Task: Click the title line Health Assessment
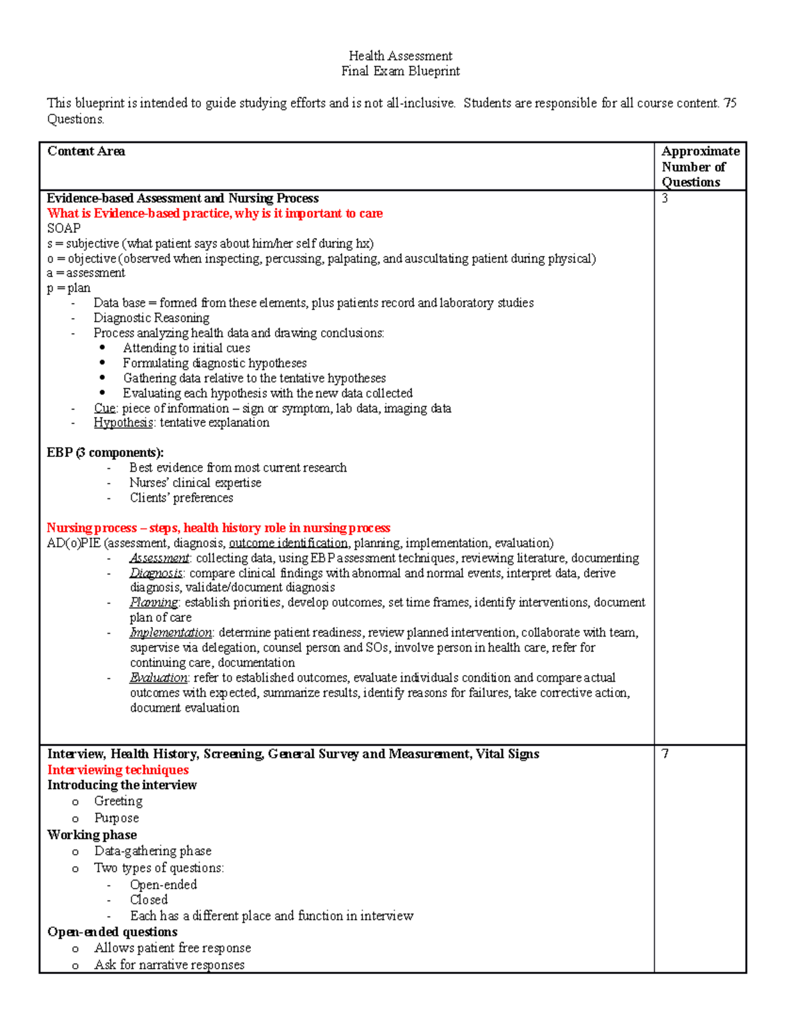click(x=400, y=56)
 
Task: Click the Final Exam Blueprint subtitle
click(x=400, y=71)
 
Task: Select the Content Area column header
click(x=86, y=151)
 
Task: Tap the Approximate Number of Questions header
click(x=700, y=167)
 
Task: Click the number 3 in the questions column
click(x=665, y=198)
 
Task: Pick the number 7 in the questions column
click(x=665, y=754)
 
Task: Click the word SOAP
click(x=63, y=228)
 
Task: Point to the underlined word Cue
click(x=105, y=408)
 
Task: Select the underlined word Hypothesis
click(x=123, y=423)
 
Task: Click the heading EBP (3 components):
click(x=105, y=453)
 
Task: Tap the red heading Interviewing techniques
click(x=117, y=770)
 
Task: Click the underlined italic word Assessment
click(x=160, y=558)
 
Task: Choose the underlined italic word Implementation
click(x=171, y=632)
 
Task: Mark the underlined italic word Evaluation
click(x=159, y=678)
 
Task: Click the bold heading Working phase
click(x=92, y=835)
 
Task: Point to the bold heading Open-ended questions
click(x=112, y=932)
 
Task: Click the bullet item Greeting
click(x=118, y=801)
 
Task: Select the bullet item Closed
click(x=149, y=900)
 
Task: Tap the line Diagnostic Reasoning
click(x=152, y=318)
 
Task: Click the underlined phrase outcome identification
click(x=288, y=543)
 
